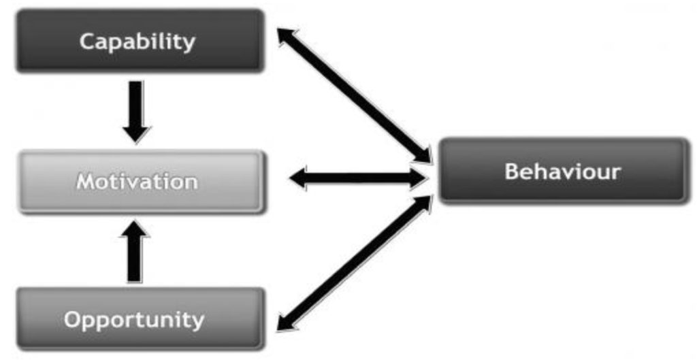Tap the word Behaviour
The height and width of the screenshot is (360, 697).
(x=562, y=171)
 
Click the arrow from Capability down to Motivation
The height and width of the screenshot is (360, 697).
(x=136, y=105)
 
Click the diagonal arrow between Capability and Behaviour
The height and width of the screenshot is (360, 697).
(x=354, y=95)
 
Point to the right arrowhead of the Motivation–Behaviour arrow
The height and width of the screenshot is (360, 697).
(x=417, y=179)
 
